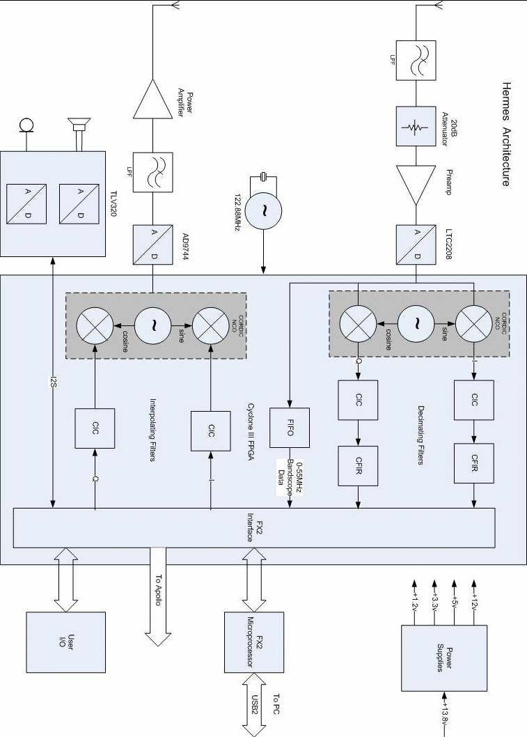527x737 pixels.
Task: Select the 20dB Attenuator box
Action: [x=416, y=126]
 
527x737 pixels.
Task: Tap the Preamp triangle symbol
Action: [x=415, y=184]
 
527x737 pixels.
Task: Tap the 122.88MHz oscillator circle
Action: [x=264, y=209]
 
